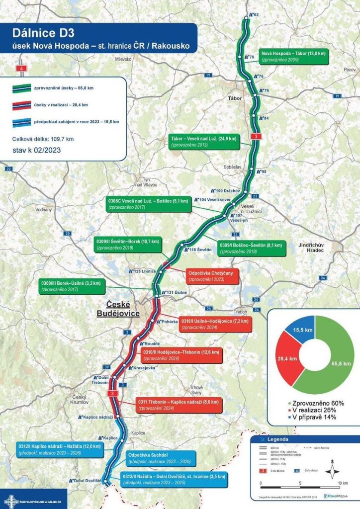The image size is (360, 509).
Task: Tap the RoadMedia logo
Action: coord(338,496)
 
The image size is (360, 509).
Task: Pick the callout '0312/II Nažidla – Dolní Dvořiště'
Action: coord(174,479)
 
